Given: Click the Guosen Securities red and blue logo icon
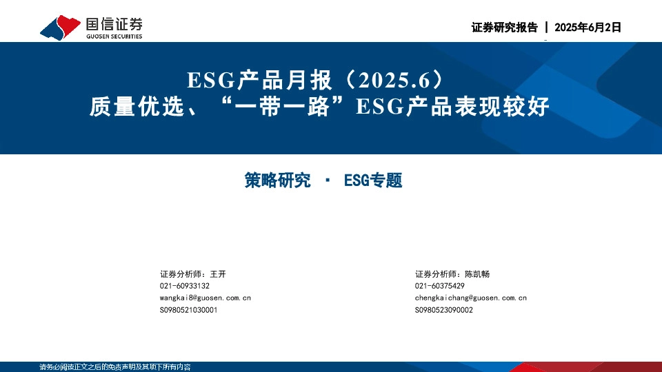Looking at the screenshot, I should click(x=60, y=28).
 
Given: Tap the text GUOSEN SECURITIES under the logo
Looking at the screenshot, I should click(x=114, y=37).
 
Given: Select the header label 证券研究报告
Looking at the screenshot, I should click(x=504, y=28).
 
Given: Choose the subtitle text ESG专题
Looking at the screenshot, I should click(x=372, y=181).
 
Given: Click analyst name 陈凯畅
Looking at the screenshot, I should click(x=477, y=273).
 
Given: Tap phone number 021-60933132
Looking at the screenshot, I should click(x=184, y=286).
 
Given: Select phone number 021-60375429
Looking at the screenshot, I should click(x=439, y=286).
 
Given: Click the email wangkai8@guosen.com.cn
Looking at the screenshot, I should click(x=205, y=298).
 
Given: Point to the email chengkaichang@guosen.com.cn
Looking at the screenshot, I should click(x=470, y=298).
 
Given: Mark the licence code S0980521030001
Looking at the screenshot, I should click(x=188, y=310).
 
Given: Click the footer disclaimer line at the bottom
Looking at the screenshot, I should click(x=114, y=367).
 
